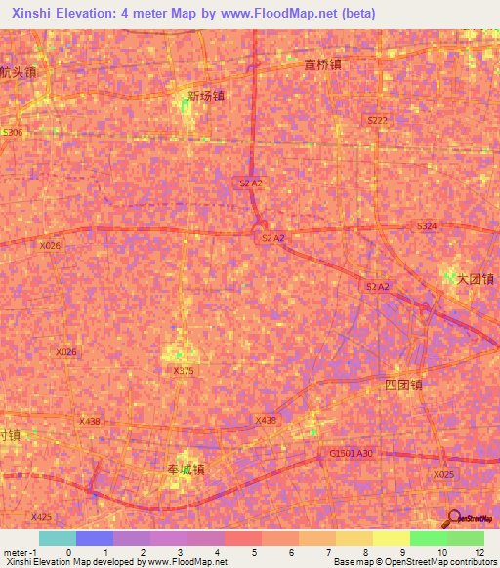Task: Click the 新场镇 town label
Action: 206,97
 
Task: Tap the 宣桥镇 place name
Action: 321,64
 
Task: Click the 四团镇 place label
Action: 402,385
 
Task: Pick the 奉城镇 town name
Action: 186,468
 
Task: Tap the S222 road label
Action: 378,119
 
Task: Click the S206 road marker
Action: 12,132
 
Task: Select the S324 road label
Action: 427,226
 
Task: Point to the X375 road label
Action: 184,371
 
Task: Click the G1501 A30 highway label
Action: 352,453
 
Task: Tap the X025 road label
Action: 444,474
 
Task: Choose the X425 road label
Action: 41,517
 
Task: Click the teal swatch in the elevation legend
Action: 57,538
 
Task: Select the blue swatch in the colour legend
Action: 94,538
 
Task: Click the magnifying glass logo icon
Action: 454,518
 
